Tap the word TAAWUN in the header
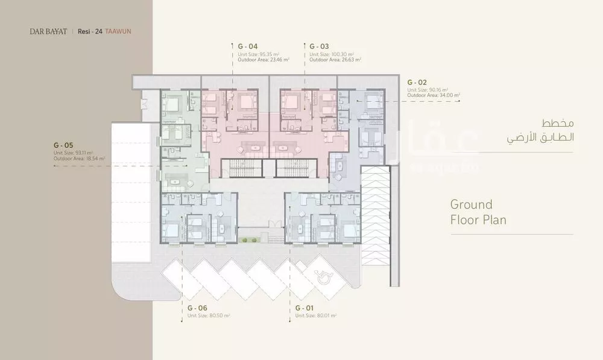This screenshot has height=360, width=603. click(x=118, y=31)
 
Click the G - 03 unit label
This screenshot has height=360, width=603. click(x=320, y=46)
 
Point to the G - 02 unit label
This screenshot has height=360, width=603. click(x=418, y=81)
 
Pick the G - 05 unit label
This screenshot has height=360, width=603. click(x=64, y=145)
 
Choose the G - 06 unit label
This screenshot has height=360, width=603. click(x=198, y=308)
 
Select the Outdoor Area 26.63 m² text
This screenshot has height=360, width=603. click(x=335, y=60)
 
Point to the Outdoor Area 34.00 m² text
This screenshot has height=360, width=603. click(x=434, y=95)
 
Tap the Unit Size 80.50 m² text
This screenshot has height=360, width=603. click(x=207, y=315)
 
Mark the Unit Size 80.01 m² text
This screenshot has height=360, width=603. click(x=315, y=315)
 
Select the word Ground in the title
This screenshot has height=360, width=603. click(x=471, y=204)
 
